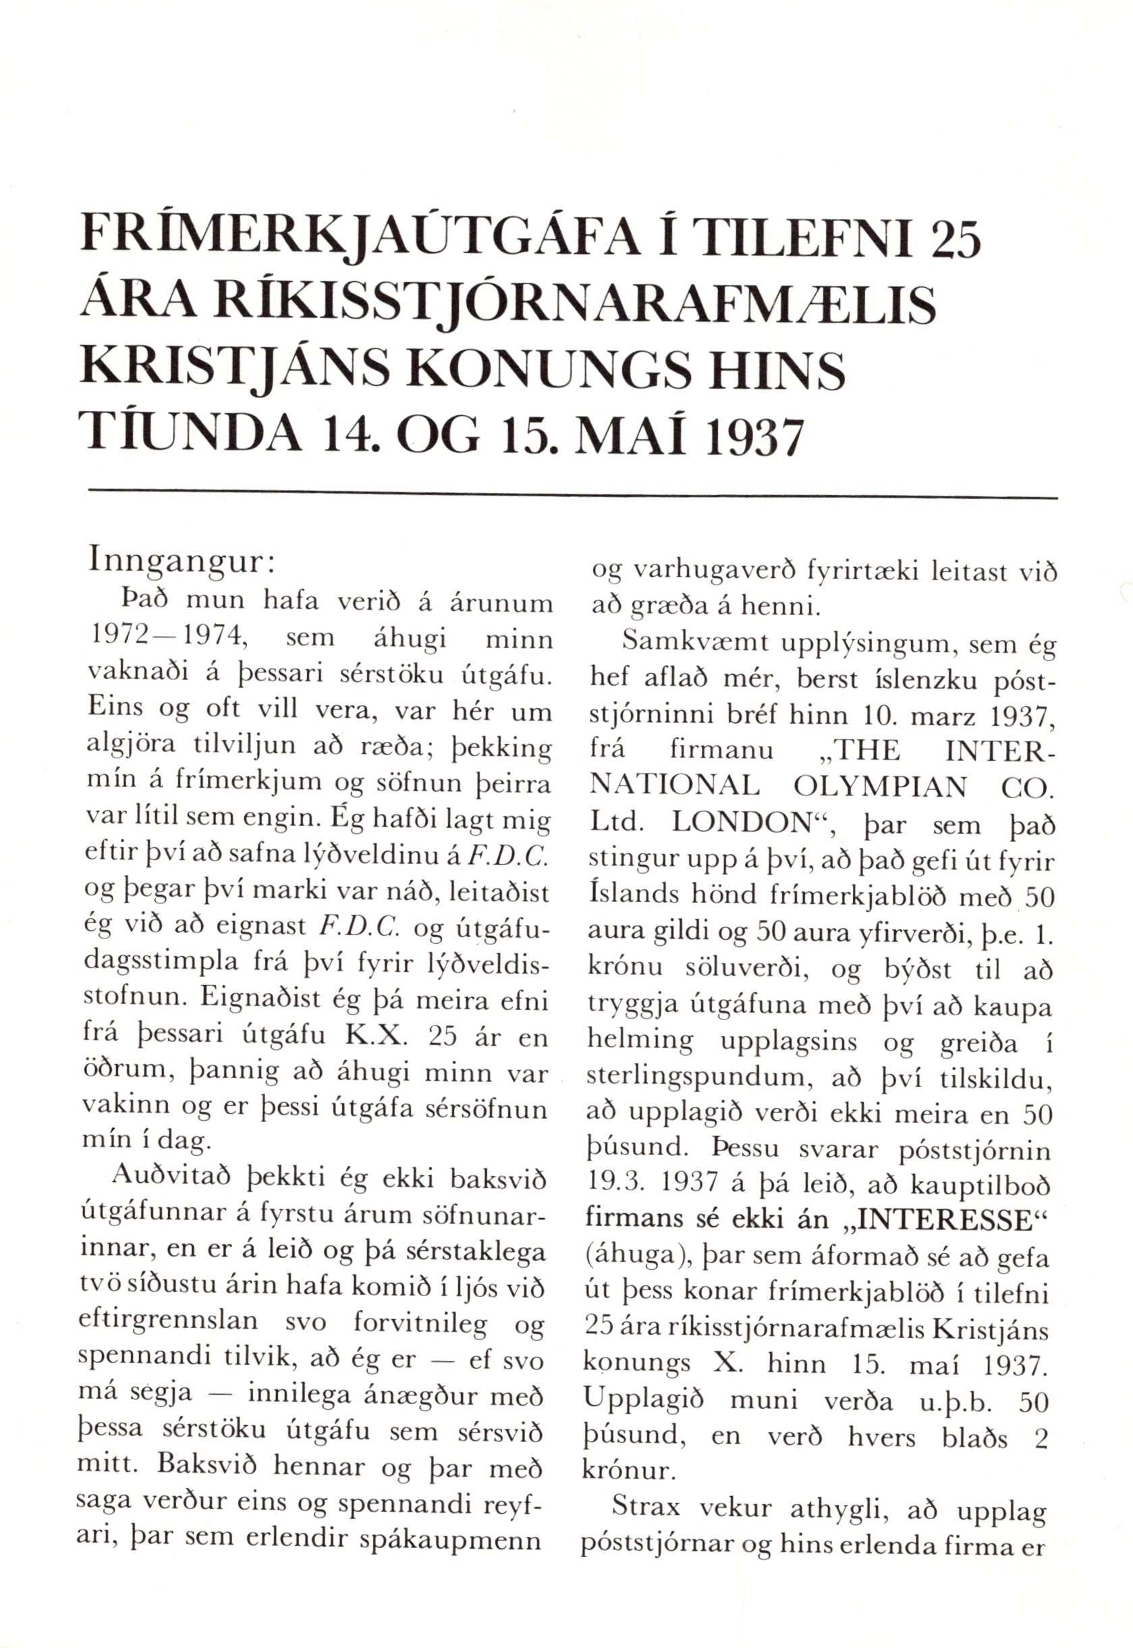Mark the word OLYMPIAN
pos(868,787)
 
